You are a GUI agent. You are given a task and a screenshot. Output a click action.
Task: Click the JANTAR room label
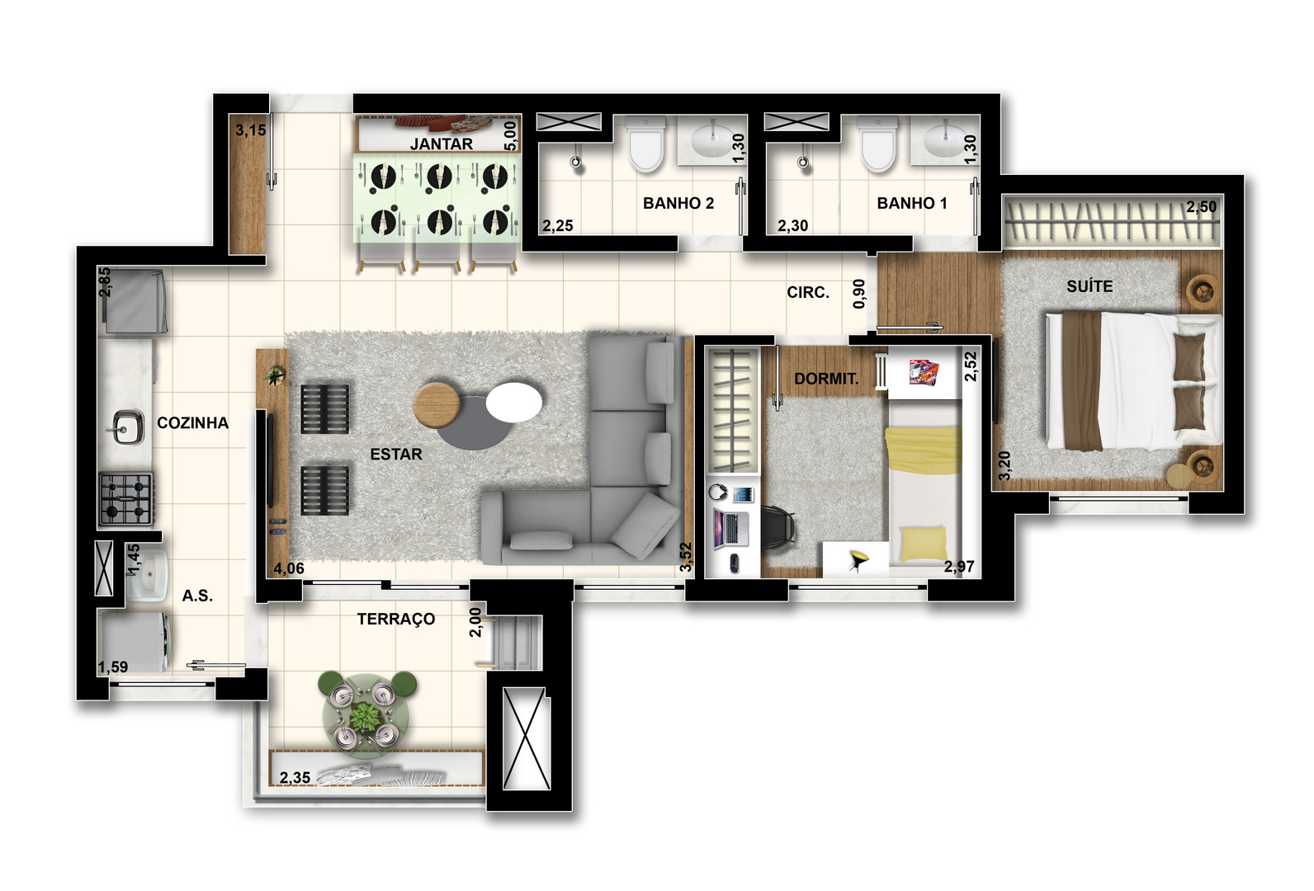pyautogui.click(x=441, y=144)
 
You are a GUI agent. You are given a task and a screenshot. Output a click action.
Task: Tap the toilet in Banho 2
pyautogui.click(x=645, y=143)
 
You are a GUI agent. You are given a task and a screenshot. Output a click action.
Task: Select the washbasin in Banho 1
pyautogui.click(x=944, y=139)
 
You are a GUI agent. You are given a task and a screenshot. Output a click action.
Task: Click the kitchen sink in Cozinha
pyautogui.click(x=127, y=427)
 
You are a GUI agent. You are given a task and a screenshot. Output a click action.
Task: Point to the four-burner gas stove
pyautogui.click(x=127, y=499)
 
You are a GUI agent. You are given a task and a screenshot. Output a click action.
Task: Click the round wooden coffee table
pyautogui.click(x=437, y=404)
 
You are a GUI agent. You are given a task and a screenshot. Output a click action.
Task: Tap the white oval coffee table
pyautogui.click(x=514, y=402)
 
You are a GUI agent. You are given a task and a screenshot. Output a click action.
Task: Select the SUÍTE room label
pyautogui.click(x=1089, y=286)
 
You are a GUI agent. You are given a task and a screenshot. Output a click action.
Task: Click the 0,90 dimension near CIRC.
pyautogui.click(x=858, y=294)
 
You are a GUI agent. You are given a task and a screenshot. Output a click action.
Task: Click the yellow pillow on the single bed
pyautogui.click(x=923, y=543)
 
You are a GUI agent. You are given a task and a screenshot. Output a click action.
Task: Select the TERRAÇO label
pyautogui.click(x=396, y=619)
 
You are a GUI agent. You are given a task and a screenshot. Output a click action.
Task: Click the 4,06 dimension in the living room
pyautogui.click(x=289, y=568)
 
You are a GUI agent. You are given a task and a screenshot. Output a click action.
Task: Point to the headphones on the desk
pyautogui.click(x=717, y=491)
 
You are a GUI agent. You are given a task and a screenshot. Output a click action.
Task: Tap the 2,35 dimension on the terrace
pyautogui.click(x=295, y=777)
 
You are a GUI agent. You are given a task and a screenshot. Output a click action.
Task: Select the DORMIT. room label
pyautogui.click(x=826, y=379)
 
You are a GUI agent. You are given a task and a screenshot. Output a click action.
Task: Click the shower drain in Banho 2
pyautogui.click(x=576, y=162)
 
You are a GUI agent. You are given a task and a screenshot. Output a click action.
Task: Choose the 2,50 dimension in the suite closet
pyautogui.click(x=1201, y=206)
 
